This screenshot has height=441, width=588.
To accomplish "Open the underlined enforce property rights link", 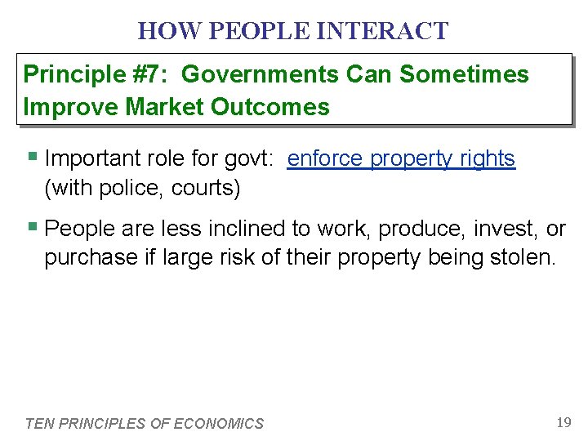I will [x=401, y=159].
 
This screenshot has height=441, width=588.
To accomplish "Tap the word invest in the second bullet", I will [x=504, y=229].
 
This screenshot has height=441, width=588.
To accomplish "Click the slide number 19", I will [x=563, y=422].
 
